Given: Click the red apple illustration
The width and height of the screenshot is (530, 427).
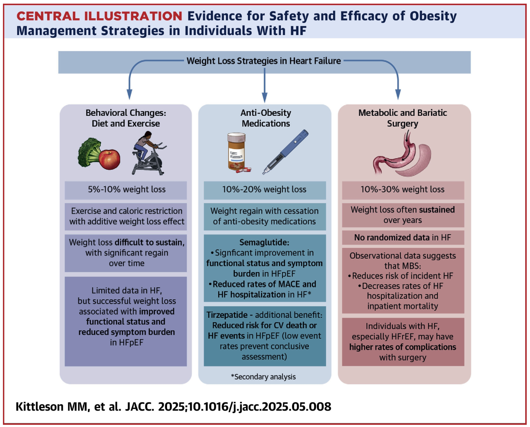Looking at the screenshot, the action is pos(110,159).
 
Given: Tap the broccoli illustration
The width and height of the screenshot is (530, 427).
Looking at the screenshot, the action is pos(89,152).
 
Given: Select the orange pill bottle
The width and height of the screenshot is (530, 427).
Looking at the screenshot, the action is pos(236,152).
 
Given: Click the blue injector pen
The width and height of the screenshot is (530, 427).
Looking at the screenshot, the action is pos(285,152).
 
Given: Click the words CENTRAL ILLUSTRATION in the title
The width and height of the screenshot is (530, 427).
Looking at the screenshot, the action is pos(99,16).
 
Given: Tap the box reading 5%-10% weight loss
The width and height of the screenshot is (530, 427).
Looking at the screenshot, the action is pos(126,190).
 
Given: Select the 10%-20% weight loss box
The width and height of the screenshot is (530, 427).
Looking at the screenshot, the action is pos(265,190).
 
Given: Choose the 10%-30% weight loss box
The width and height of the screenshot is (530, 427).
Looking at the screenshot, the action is pos(403,190).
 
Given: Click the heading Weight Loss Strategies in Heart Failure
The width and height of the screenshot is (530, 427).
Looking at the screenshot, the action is pos(263,61).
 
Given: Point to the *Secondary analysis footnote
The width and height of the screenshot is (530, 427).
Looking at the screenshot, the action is pos(263,377).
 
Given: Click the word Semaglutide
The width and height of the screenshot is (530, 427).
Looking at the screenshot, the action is pos(264,242).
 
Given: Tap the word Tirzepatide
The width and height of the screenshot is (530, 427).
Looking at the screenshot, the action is pos(227,315).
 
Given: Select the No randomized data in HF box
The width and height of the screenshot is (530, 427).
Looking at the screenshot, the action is pos(403,237).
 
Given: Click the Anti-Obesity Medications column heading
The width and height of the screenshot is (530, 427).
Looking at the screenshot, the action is pos(266,118).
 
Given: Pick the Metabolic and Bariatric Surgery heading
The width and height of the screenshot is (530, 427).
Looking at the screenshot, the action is pos(403,118).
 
